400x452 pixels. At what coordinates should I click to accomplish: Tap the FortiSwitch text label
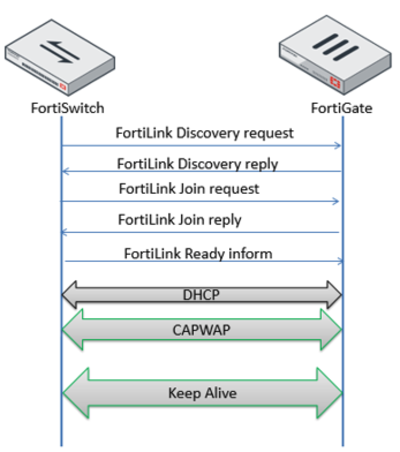point(68,107)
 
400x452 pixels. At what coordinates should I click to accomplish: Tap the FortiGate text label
point(342,107)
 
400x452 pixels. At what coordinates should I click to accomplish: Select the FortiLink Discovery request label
point(205,133)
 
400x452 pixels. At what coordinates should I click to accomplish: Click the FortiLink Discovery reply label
point(197,163)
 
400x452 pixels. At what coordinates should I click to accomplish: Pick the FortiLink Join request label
point(189,189)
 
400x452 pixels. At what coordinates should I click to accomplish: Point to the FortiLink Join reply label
point(180,220)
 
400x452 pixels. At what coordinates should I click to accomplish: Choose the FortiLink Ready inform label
point(198,254)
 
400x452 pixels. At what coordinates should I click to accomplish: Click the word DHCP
point(202,295)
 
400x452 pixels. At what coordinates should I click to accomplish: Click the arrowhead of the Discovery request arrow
point(338,146)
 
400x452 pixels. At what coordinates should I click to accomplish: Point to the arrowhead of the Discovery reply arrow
point(65,171)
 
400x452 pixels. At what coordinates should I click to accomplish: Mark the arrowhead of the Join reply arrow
point(65,232)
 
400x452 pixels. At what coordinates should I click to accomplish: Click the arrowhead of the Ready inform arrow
point(339,262)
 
